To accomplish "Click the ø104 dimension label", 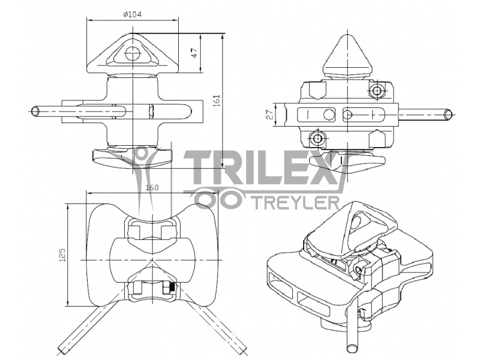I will pos(133,14).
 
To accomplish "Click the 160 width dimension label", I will pos(152,188).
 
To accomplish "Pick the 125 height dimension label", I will pos(62,256).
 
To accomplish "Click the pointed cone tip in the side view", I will pos(347,37).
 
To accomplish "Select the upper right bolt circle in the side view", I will pos(377,91).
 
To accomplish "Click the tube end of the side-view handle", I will pos(448,114).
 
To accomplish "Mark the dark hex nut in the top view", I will pos(170,289).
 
